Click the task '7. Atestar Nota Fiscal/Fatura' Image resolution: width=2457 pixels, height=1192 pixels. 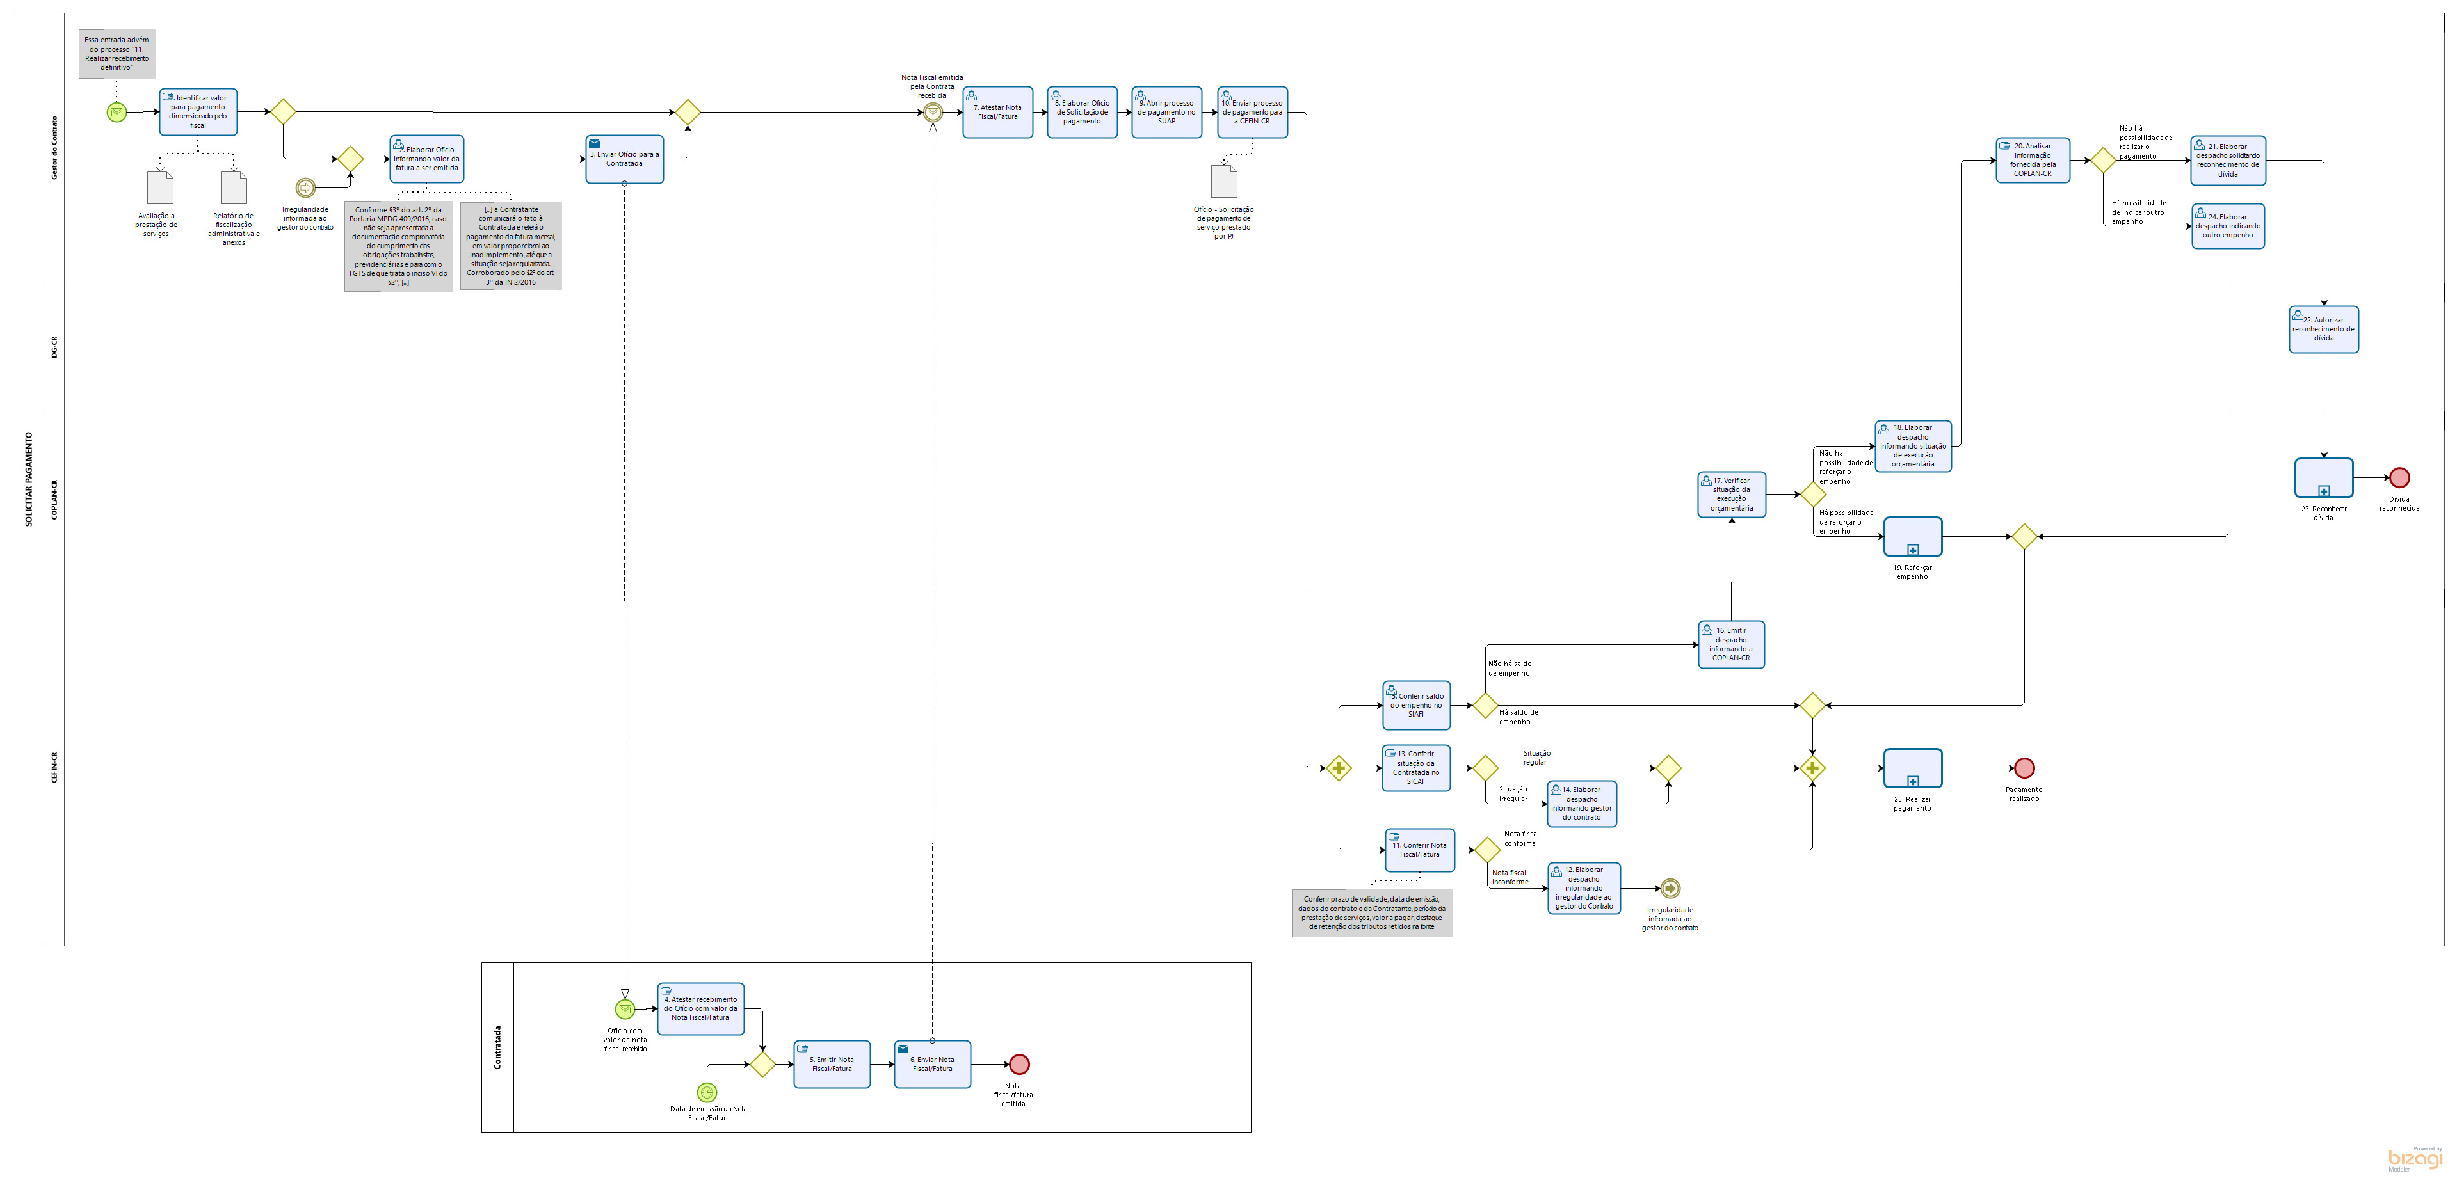coord(997,113)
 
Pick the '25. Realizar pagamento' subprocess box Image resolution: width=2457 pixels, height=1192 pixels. coord(1912,768)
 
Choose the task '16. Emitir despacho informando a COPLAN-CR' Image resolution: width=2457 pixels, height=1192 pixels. coord(1730,645)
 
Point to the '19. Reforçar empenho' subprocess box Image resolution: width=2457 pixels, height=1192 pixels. coord(1912,537)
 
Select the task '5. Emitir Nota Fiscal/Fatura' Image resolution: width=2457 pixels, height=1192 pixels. coord(832,1064)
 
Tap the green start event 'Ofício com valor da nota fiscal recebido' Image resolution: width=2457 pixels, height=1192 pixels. coord(625,1009)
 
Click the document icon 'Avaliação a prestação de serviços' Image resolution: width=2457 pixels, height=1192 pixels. coord(159,188)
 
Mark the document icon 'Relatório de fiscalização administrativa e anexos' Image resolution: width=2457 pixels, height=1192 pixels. coord(234,188)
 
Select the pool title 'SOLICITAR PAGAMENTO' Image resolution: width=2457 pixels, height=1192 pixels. coord(29,479)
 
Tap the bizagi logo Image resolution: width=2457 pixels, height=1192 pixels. coord(2414,1159)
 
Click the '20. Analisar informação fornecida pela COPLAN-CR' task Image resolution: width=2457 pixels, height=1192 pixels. coord(2032,160)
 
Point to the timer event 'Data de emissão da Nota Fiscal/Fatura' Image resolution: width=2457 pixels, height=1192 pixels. coord(707,1092)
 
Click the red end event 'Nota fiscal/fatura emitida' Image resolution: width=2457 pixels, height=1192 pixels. coord(1019,1064)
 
